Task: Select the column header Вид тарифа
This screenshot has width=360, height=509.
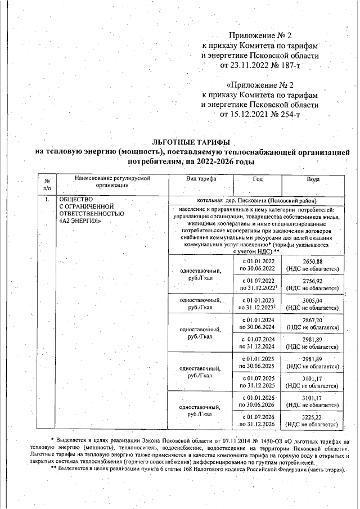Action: (201, 179)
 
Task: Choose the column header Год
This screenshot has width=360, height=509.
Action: (258, 179)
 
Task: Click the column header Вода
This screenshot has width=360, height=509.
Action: (313, 179)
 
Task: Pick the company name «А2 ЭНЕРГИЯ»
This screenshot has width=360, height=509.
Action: (80, 221)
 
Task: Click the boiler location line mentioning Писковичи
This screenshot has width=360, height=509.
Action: (256, 200)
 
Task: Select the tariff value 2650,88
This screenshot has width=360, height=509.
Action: (312, 262)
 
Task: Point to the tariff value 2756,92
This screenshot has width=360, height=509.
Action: (312, 281)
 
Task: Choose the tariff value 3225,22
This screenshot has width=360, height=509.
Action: (312, 417)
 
